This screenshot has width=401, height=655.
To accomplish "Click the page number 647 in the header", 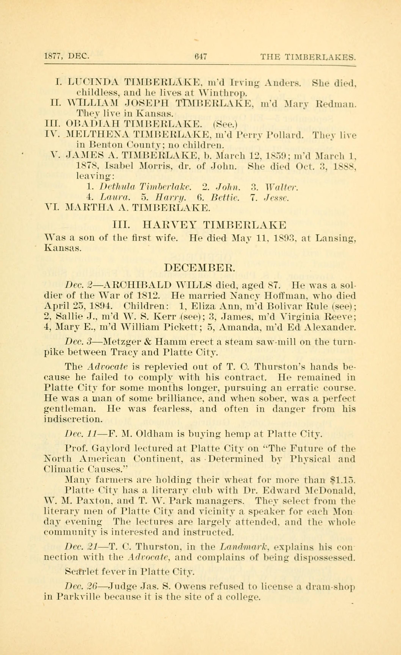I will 201,57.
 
